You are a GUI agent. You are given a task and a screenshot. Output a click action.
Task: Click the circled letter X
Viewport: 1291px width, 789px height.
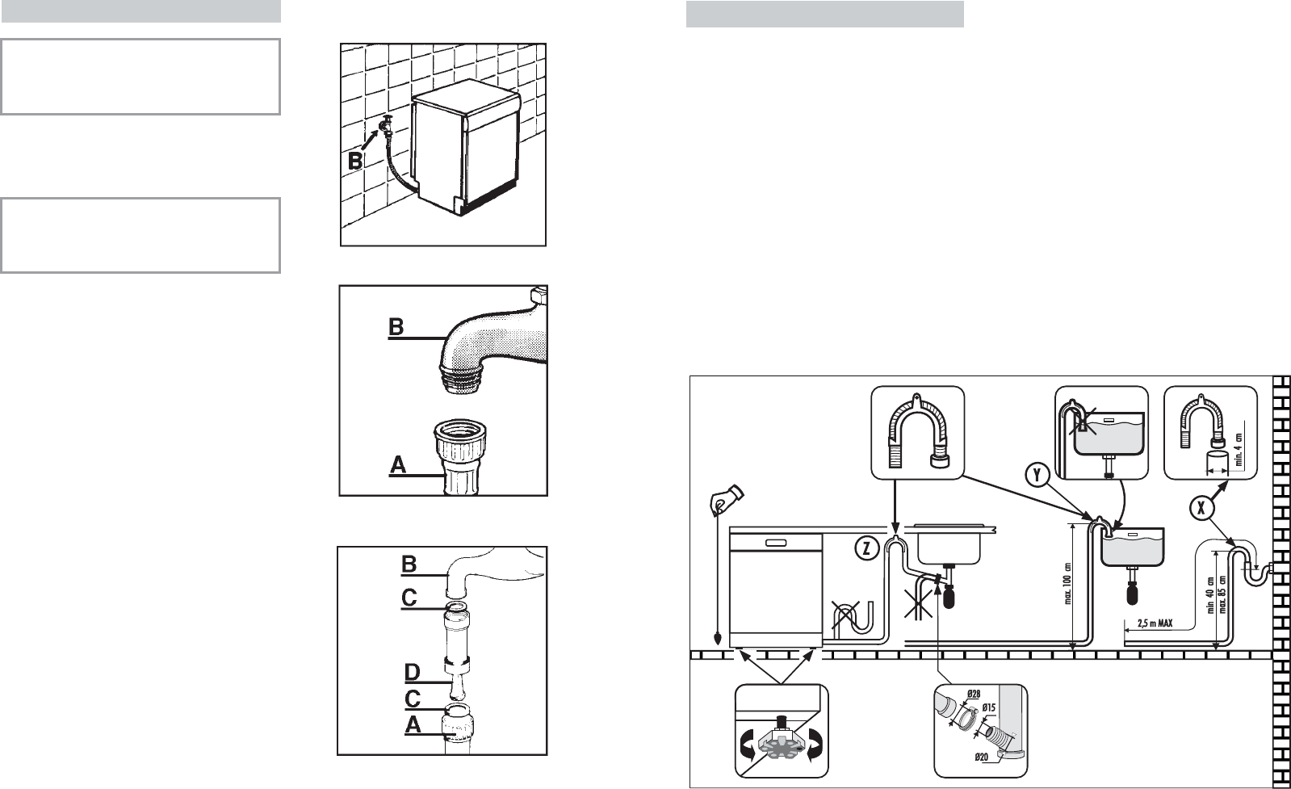1201,508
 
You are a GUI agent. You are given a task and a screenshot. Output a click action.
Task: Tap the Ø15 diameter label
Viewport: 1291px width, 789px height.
990,708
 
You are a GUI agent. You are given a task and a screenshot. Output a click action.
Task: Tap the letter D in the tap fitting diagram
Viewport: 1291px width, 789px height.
412,672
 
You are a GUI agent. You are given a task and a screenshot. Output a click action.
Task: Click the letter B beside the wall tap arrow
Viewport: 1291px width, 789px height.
355,161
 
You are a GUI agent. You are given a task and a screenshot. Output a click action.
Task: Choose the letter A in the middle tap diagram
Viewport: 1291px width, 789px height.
397,464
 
